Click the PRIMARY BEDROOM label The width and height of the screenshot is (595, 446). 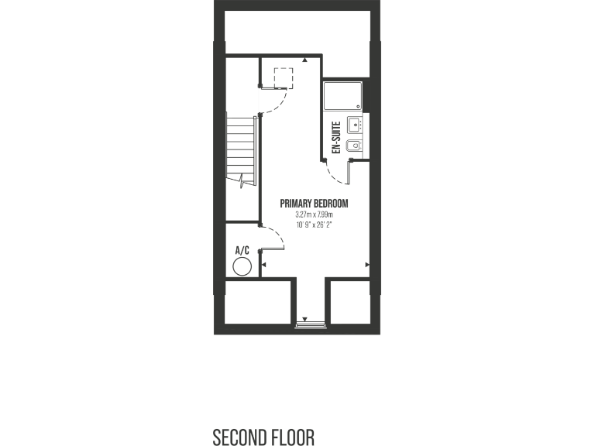pos(314,204)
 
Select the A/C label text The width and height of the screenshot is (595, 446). pos(242,250)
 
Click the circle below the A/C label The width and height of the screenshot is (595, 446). pos(242,267)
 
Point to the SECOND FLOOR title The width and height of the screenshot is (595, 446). pos(264,437)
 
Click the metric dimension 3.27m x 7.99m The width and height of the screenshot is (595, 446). pos(314,214)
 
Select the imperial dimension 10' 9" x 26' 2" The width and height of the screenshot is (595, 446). pos(314,225)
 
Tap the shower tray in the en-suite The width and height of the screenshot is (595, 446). pos(341,96)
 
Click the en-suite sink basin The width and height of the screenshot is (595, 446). pos(354,124)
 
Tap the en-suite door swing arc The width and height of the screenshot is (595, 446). pos(339,174)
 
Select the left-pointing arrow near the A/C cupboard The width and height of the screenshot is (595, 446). pos(265,266)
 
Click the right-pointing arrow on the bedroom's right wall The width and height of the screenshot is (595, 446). pos(366,265)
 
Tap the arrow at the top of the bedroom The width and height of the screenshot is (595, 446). pos(306,59)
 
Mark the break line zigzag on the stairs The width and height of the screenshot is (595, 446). pos(245,181)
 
